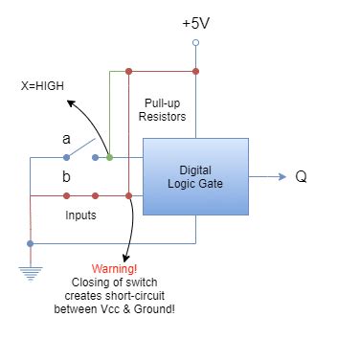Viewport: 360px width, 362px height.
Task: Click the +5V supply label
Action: click(x=196, y=23)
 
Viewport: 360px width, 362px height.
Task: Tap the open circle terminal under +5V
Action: click(x=196, y=43)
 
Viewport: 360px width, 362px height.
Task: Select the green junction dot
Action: click(x=111, y=157)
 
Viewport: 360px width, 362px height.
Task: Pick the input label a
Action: click(x=66, y=139)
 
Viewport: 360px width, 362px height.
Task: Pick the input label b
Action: click(x=66, y=177)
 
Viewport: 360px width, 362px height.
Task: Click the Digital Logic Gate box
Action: click(x=195, y=177)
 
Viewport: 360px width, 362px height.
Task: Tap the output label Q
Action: click(x=301, y=177)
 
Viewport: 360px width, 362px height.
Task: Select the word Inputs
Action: click(x=80, y=215)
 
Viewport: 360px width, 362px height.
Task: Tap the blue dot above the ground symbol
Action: click(x=32, y=243)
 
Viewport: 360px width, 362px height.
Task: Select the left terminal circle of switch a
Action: click(x=65, y=157)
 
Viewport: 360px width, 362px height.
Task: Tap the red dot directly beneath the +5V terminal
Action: click(x=196, y=71)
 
